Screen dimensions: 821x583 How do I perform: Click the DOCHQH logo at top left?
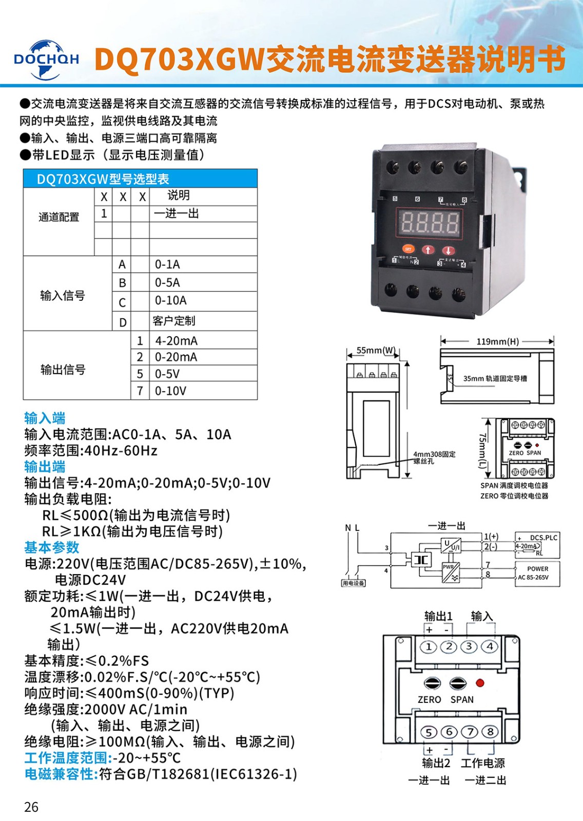pos(46,60)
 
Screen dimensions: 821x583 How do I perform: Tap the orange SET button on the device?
pos(408,249)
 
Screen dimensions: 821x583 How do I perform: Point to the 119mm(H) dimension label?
pos(497,341)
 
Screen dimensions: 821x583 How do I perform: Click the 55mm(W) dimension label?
pos(376,350)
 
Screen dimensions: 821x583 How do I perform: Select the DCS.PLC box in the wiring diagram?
pos(537,545)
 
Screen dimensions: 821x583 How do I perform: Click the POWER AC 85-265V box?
pos(537,573)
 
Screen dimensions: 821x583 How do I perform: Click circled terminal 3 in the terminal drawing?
pos(469,647)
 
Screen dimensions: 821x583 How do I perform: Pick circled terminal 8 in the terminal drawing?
pos(490,732)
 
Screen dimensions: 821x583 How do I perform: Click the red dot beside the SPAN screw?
pos(480,683)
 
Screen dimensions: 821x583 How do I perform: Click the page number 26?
pos(31,807)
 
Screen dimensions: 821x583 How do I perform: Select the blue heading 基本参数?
pos(52,548)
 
